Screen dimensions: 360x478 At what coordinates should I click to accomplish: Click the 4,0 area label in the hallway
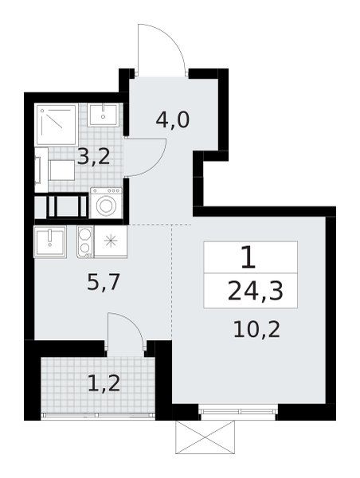click(x=173, y=120)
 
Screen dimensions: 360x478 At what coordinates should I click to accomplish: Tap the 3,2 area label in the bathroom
click(x=93, y=157)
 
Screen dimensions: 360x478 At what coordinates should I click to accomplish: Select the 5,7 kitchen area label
click(x=104, y=282)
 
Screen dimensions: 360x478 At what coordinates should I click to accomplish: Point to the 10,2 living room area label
click(x=256, y=329)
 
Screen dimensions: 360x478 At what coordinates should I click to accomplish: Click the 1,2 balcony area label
click(x=104, y=383)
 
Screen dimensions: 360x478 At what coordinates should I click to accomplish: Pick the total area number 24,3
click(x=256, y=291)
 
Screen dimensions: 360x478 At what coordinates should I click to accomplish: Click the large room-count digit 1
click(x=248, y=257)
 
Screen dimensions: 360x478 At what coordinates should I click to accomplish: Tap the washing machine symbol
click(x=106, y=203)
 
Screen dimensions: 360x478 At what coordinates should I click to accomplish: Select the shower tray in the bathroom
click(x=57, y=124)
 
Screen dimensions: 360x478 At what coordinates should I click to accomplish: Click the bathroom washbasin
click(x=103, y=116)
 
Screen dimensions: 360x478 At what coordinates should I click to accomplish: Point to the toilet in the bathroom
click(x=55, y=170)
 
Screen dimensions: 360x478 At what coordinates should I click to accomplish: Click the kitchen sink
click(x=50, y=241)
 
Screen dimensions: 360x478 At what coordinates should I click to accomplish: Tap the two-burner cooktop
click(x=85, y=241)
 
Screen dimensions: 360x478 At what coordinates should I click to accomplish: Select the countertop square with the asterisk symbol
click(x=111, y=241)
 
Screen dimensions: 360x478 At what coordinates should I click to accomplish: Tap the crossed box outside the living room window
click(x=205, y=437)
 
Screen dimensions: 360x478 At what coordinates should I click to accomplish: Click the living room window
click(x=238, y=412)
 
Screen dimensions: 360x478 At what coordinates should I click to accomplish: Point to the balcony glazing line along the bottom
click(x=98, y=416)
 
